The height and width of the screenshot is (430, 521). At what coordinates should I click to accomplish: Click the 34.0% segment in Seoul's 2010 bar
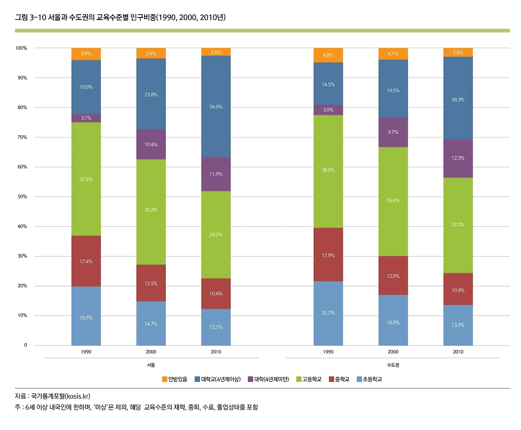216,107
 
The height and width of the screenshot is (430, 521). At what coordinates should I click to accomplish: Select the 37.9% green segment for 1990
86,179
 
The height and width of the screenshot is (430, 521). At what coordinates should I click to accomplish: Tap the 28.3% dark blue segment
458,99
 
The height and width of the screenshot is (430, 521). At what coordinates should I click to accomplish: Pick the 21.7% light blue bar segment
328,313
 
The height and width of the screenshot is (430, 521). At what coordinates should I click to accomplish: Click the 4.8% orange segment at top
328,55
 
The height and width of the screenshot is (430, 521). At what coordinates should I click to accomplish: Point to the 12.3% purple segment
458,158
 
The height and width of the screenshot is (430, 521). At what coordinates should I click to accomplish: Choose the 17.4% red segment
86,261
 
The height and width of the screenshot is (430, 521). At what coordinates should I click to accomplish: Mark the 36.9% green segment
393,200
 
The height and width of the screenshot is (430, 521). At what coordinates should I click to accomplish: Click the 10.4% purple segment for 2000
151,145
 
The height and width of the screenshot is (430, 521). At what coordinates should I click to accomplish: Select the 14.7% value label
151,324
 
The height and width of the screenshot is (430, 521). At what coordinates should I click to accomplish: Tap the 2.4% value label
216,53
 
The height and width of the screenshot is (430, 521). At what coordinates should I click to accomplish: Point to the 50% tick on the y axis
22,197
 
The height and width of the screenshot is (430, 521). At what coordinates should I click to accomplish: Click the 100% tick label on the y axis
21,48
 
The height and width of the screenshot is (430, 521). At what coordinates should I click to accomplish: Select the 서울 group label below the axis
151,365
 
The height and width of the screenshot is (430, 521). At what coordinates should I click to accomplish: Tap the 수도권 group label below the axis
393,365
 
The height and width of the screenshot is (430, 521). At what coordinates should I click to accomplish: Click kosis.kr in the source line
77,396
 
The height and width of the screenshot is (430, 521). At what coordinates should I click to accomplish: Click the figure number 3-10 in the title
37,17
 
